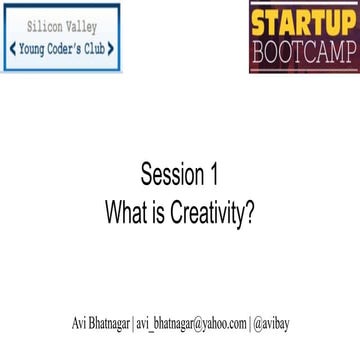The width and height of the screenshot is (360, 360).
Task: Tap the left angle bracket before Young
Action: (12, 48)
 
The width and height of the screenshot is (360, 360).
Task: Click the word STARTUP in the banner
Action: (302, 22)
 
